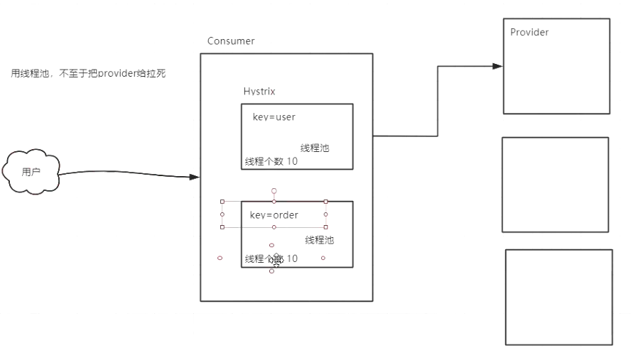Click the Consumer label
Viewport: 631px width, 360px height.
[230, 41]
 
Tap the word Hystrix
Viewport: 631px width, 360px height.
[259, 92]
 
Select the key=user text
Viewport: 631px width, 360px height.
[274, 116]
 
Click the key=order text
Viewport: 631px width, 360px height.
[274, 215]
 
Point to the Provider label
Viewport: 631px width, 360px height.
[529, 32]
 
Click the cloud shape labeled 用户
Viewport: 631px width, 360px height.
[31, 171]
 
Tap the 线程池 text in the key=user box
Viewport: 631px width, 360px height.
[315, 148]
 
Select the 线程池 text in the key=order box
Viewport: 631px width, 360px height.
[319, 240]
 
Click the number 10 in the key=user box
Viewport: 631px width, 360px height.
[292, 162]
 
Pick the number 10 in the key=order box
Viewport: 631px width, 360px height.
[292, 259]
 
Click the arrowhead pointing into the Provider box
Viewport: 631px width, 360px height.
[497, 66]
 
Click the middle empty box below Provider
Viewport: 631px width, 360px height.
[555, 185]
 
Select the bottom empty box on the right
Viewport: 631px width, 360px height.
[559, 296]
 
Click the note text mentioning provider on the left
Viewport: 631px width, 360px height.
[88, 73]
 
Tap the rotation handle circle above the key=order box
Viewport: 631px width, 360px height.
[274, 190]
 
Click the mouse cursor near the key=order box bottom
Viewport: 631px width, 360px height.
[276, 261]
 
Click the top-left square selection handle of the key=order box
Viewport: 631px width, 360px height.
[222, 201]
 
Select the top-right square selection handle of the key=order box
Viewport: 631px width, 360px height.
[325, 201]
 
